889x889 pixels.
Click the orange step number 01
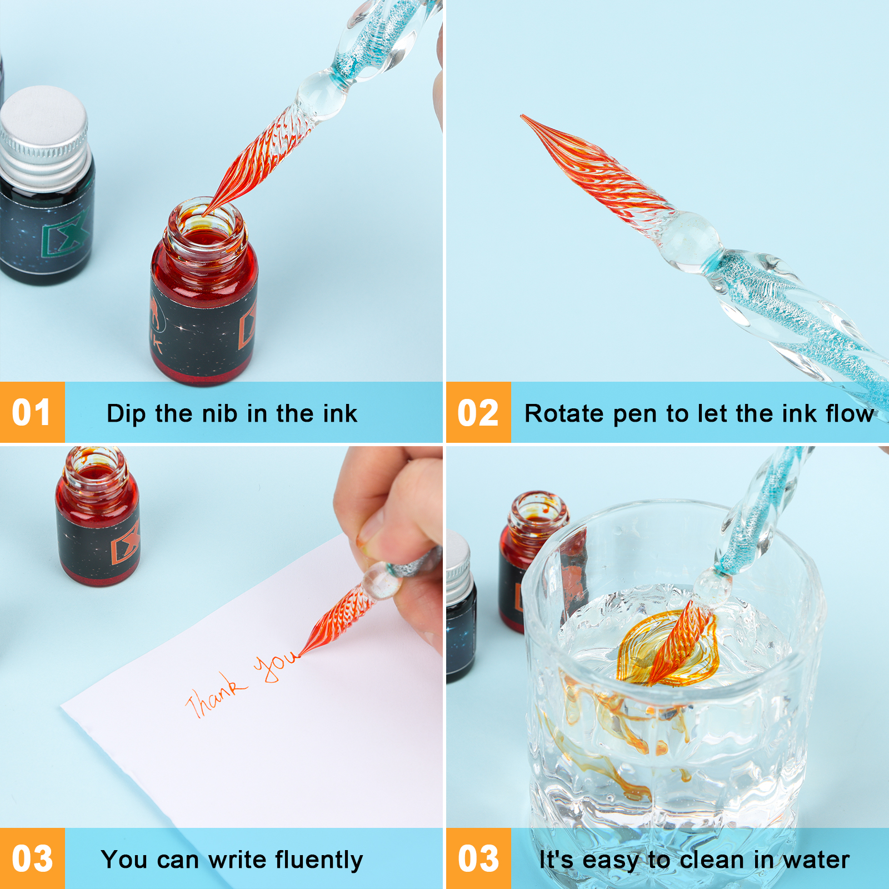(32, 413)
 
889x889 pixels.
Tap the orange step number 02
(478, 413)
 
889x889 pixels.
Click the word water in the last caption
(816, 860)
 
